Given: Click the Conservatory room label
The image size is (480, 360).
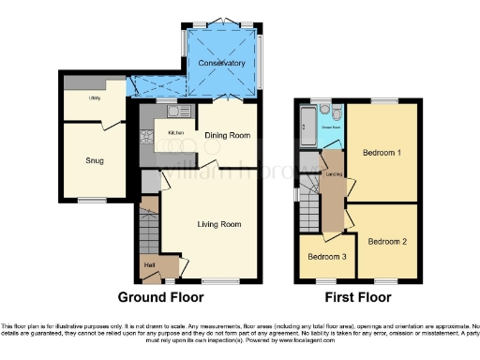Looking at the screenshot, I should (221, 64).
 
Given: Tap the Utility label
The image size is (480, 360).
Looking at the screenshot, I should (96, 97).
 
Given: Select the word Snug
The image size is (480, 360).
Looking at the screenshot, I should (94, 161).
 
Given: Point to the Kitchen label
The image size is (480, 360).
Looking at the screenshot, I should (175, 133).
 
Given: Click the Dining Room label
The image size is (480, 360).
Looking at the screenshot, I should (228, 135).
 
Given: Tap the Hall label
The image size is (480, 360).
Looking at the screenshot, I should (149, 265).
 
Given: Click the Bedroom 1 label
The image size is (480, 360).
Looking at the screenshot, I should (382, 152).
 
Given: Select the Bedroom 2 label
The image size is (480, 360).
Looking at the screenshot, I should (386, 241).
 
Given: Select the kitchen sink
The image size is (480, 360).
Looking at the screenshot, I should (173, 112).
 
